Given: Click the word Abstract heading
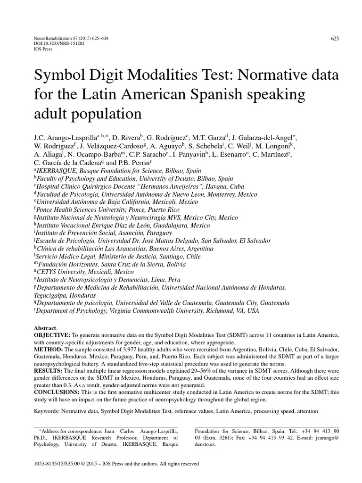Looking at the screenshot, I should [45, 328].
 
